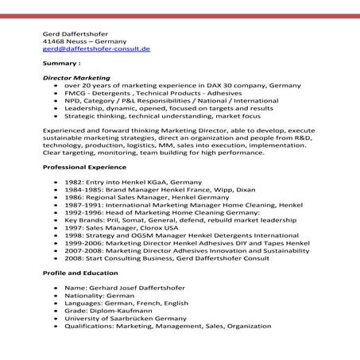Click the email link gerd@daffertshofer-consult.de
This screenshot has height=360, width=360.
pyautogui.click(x=96, y=48)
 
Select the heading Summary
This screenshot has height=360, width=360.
pyautogui.click(x=61, y=63)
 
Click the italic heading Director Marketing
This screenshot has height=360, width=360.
pyautogui.click(x=76, y=78)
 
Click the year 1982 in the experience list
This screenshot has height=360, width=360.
pyautogui.click(x=76, y=183)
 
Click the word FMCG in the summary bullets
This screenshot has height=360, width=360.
pyautogui.click(x=76, y=93)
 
